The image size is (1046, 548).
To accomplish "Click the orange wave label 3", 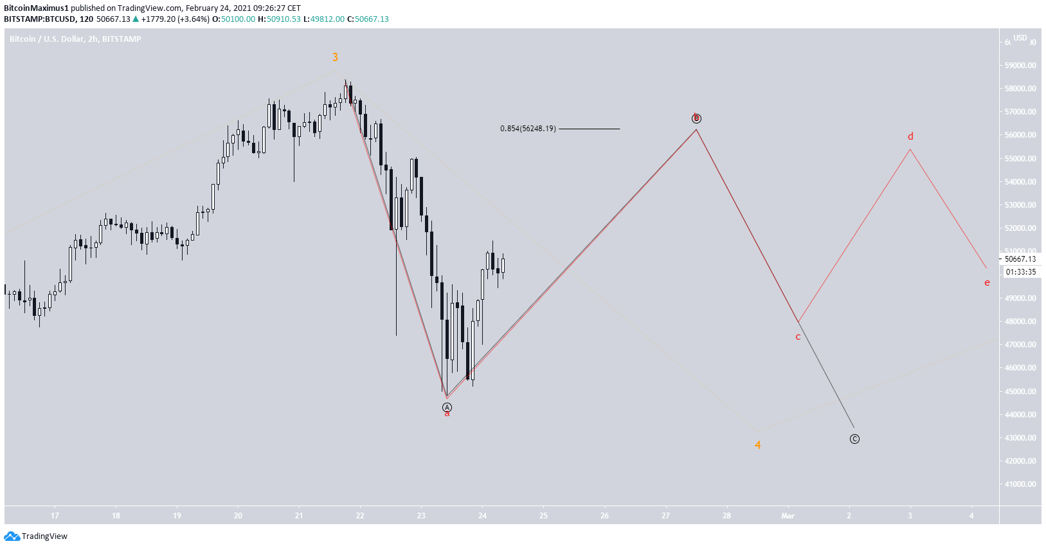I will (x=335, y=57).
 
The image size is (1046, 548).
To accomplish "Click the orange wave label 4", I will (x=758, y=445).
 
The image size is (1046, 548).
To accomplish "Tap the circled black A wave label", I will (x=447, y=407).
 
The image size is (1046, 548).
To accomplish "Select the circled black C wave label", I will (x=854, y=439).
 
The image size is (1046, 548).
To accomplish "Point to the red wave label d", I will (x=910, y=136).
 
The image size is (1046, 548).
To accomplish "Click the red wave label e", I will (x=987, y=282).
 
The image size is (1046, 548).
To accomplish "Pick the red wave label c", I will (x=798, y=337).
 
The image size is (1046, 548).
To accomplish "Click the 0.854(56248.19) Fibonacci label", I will (x=528, y=129).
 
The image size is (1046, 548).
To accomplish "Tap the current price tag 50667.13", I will (x=1020, y=259).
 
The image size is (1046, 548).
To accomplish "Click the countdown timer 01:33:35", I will (x=1020, y=272).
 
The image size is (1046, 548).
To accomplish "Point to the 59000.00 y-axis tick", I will (x=1020, y=66).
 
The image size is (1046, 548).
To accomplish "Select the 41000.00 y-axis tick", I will (x=1020, y=484).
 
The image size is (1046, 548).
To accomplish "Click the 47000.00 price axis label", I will (x=1020, y=345).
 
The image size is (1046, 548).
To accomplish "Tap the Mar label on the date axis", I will (x=788, y=516).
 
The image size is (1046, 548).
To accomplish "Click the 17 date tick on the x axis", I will (x=55, y=516).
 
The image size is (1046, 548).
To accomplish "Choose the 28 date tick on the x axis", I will (x=726, y=516).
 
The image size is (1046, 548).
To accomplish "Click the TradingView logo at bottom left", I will (x=36, y=536).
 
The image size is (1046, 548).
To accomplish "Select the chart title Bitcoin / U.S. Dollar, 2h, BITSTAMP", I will (x=75, y=39).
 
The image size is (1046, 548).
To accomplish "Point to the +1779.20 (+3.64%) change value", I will (x=175, y=19).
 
